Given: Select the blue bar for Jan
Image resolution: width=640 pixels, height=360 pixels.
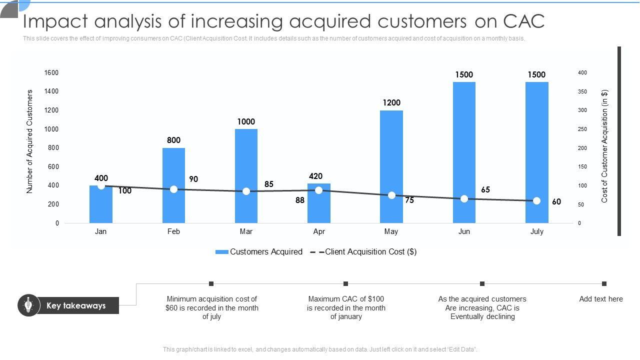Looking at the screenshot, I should [x=101, y=205].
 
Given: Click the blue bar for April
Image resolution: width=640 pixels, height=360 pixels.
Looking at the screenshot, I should [x=319, y=207].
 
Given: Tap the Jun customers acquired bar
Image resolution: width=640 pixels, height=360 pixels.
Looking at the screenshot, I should [x=464, y=150].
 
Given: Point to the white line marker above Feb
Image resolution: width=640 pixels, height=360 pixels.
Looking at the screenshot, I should [x=173, y=189].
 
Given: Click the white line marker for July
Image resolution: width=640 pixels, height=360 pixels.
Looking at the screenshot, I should [x=536, y=200].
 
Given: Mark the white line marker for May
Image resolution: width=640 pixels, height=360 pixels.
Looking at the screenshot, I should [x=391, y=195].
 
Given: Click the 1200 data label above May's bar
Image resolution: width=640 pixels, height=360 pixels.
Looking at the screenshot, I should [x=391, y=103].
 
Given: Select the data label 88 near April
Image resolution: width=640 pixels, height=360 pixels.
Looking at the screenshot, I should [x=300, y=200].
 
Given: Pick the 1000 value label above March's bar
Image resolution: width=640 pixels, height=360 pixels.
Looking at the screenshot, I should [x=246, y=121].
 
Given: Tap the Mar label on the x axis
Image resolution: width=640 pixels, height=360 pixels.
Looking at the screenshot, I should [x=246, y=231].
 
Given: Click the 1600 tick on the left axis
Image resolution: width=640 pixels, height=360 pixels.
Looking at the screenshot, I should [x=51, y=73].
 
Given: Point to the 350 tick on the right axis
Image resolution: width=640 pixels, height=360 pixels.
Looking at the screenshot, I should [x=582, y=92].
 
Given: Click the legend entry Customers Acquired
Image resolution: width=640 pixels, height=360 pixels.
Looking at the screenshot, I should [x=265, y=252].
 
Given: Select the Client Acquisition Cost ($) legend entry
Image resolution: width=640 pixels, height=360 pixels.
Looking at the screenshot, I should [x=370, y=252].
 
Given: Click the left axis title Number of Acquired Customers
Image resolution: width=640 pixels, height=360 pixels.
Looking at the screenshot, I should [x=29, y=141].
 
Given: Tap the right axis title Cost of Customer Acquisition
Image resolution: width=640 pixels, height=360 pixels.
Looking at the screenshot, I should [x=604, y=146].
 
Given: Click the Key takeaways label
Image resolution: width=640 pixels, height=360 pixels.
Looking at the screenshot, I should [x=76, y=305].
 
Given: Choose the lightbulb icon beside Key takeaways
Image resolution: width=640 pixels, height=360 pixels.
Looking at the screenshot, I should [x=28, y=305].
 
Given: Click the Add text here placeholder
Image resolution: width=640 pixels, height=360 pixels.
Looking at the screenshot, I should [x=601, y=299].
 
